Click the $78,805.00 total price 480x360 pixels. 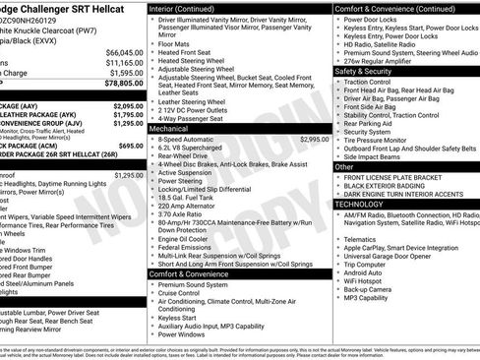coord(125,85)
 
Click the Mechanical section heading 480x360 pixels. coord(168,129)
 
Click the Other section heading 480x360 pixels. coord(344,166)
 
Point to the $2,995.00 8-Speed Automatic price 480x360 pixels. coord(314,140)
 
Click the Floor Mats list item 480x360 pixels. coord(173,44)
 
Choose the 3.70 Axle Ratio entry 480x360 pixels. coord(185,213)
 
